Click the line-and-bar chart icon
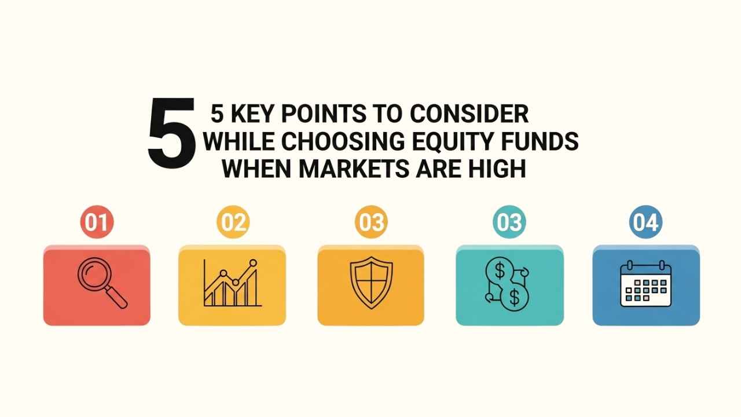pos(231,283)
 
